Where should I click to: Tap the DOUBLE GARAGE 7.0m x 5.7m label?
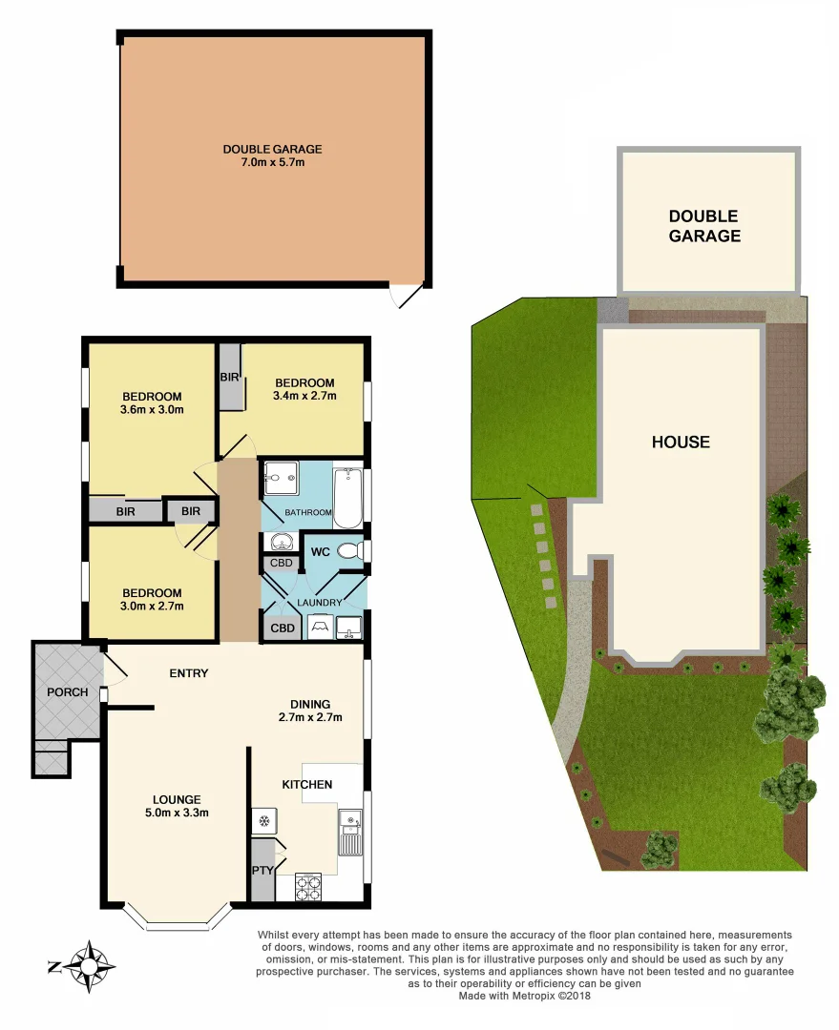click(272, 155)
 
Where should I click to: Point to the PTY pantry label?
click(262, 870)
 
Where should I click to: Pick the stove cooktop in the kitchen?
click(308, 888)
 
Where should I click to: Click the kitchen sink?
click(350, 832)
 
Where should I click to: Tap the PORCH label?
click(67, 691)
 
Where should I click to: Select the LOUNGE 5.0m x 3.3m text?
click(178, 806)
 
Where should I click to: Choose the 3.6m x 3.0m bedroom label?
click(152, 403)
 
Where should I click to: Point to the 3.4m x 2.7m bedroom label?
click(304, 389)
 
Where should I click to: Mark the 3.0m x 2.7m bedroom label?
click(152, 598)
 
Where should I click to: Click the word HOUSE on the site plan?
click(681, 442)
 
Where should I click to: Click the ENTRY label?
click(189, 673)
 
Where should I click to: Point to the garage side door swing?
click(406, 295)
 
